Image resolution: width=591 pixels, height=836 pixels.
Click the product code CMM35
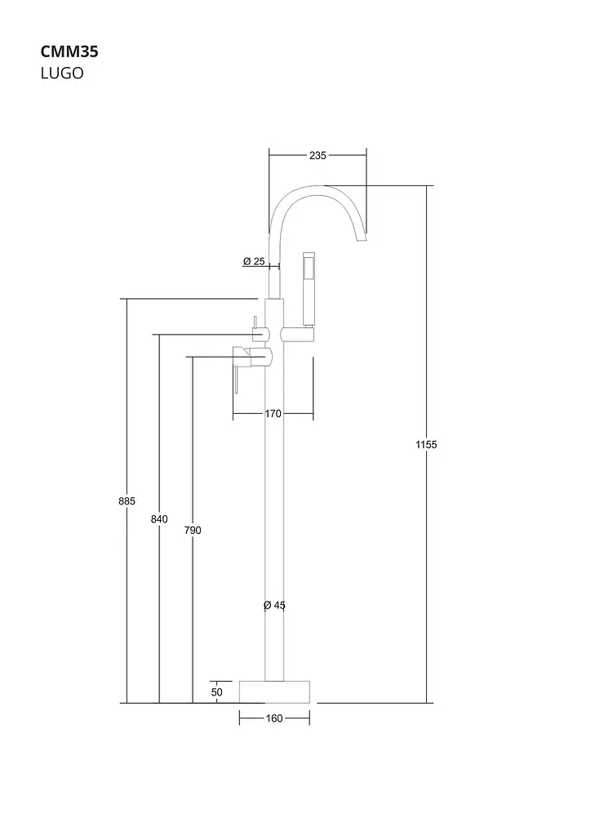click(69, 51)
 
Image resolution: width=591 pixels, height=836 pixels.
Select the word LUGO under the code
click(62, 73)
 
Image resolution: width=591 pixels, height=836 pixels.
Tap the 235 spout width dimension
click(318, 156)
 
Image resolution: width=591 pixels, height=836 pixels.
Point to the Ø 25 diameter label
click(254, 261)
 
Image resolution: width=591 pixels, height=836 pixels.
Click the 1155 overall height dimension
click(426, 444)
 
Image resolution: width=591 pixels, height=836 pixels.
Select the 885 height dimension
click(127, 501)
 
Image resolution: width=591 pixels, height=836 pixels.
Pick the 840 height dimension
click(159, 519)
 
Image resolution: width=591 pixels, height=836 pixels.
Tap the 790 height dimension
click(193, 531)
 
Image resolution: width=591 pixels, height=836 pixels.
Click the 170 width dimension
click(273, 413)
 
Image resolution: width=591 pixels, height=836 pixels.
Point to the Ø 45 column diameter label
click(274, 605)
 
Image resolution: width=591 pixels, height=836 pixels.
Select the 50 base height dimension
click(217, 692)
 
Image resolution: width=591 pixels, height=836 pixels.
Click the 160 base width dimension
click(274, 718)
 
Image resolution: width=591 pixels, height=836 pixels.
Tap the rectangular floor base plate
click(274, 691)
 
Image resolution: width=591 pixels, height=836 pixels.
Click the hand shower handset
click(309, 288)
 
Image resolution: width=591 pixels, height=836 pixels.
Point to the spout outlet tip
click(362, 238)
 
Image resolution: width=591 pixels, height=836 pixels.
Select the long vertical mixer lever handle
click(236, 379)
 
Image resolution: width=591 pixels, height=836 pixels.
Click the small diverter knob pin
click(256, 323)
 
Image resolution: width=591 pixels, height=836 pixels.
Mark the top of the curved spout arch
click(318, 186)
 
